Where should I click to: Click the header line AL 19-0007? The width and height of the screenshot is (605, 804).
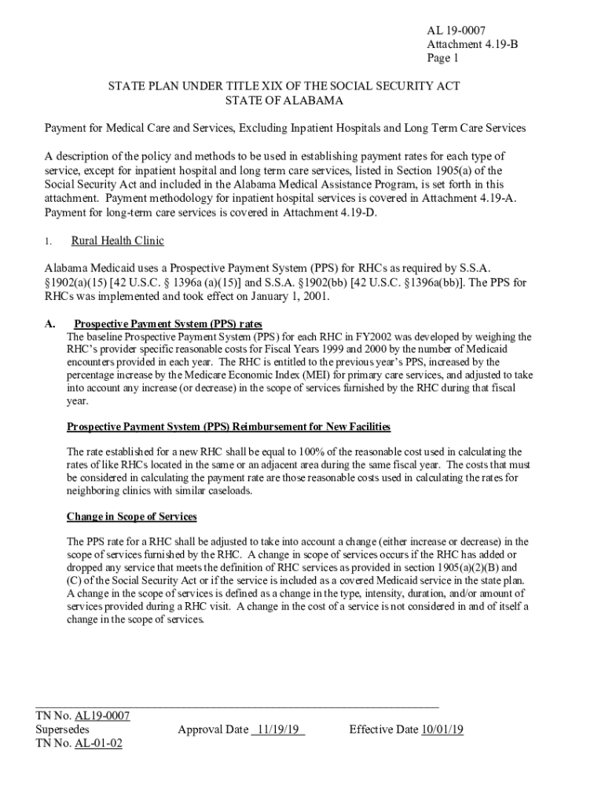452,31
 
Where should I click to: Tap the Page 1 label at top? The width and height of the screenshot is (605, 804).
442,57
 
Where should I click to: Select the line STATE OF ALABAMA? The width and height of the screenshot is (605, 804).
284,101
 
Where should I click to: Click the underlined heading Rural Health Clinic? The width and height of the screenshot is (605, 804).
117,241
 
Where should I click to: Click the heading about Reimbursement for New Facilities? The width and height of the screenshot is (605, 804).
229,426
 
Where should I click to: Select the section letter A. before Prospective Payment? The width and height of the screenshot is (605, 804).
49,323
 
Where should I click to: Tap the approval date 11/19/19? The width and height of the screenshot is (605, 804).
278,729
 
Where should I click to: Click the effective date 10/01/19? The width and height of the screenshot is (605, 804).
442,729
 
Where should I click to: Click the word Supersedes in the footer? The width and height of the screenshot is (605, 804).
62,729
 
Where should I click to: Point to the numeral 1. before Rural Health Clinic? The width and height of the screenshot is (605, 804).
49,242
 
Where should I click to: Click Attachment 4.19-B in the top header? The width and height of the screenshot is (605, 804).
472,44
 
